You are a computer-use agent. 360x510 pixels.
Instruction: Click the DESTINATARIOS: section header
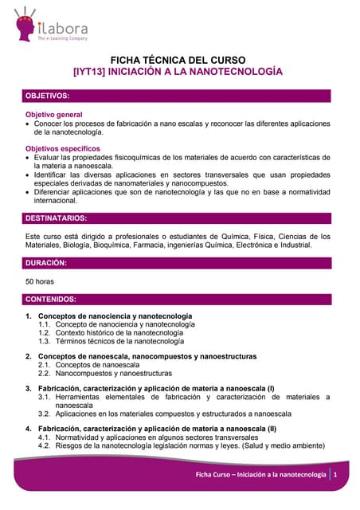[57, 218]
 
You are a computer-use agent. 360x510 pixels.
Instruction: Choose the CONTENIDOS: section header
[52, 300]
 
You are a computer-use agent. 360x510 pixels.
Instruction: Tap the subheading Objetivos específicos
[63, 148]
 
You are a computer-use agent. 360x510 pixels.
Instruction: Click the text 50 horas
[41, 281]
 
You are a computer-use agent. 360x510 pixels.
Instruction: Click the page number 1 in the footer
[336, 475]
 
